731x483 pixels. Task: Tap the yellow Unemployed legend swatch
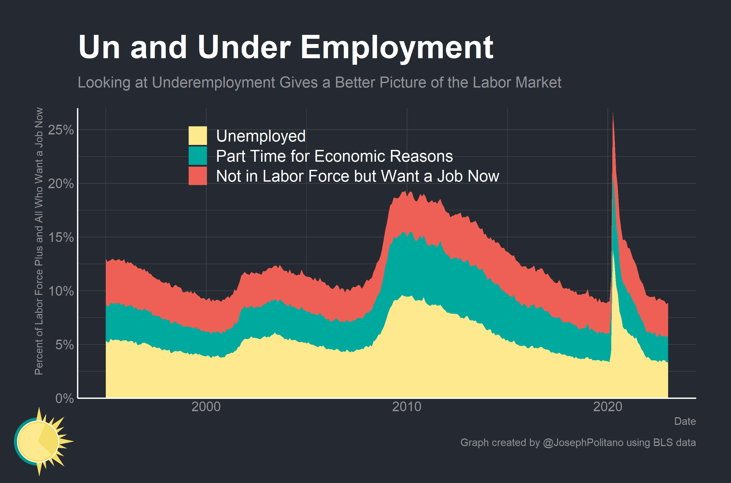[198, 135]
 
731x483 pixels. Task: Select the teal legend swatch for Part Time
[198, 156]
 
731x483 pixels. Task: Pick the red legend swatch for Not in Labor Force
[198, 176]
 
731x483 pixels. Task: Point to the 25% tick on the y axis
[61, 130]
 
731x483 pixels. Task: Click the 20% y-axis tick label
[61, 184]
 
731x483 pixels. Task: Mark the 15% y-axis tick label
[61, 237]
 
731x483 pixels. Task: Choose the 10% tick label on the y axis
[61, 291]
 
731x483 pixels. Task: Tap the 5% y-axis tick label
[64, 345]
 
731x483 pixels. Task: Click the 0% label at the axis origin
[64, 399]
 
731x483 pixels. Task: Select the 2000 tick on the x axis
[206, 407]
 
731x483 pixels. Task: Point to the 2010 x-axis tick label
[406, 407]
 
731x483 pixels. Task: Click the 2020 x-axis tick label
[608, 407]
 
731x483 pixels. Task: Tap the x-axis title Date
[685, 421]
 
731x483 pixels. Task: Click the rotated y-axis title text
[39, 241]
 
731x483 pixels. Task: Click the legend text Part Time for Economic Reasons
[334, 156]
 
